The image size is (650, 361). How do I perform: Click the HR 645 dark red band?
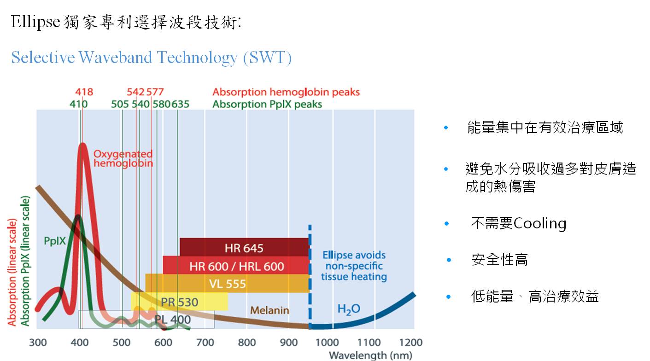244,247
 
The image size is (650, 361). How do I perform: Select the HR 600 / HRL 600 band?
236,265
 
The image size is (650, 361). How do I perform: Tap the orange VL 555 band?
228,283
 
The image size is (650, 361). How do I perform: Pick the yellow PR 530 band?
179,301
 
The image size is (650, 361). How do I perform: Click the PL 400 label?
172,320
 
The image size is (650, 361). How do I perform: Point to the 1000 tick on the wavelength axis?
327,343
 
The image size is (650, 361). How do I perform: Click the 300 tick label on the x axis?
38,343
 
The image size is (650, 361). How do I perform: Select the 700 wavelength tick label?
205,343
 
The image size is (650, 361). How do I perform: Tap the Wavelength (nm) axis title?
370,355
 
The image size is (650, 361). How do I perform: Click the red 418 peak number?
84,92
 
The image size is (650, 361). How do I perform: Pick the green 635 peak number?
180,104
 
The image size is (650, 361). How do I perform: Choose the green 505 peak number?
120,104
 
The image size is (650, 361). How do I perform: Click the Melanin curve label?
269,310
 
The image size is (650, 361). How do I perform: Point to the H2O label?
349,309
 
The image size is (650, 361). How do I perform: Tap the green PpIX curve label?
54,241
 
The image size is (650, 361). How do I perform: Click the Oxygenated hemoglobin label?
123,158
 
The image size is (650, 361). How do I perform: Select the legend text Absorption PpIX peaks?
267,105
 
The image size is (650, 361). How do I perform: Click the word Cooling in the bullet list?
540,224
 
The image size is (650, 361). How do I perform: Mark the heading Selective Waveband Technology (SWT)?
151,58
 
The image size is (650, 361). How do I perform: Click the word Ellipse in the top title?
35,22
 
